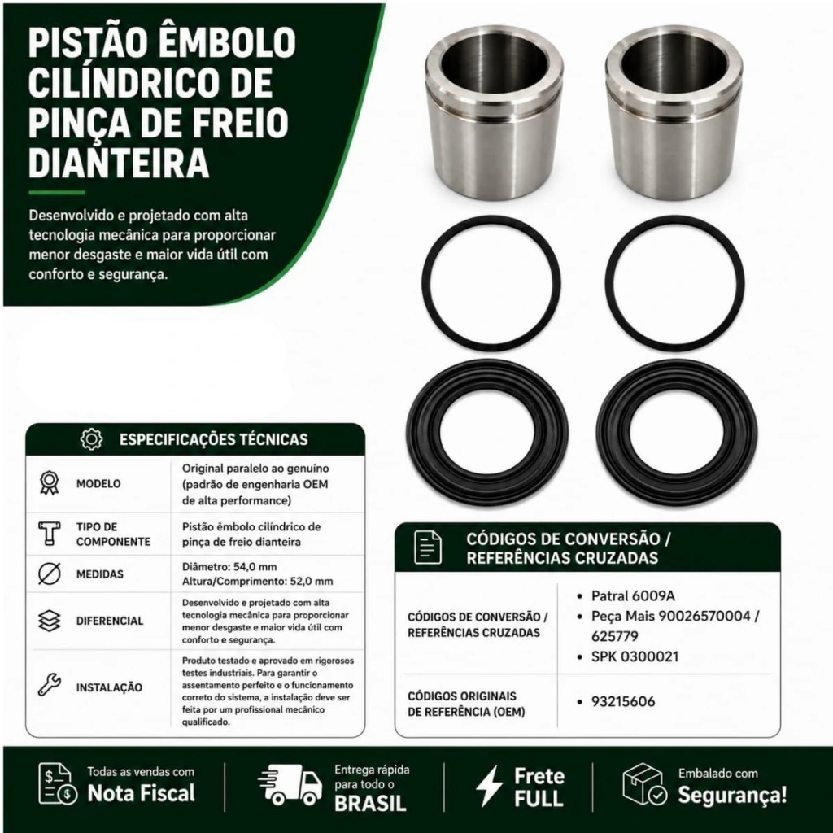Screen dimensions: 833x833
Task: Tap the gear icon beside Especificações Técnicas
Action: click(91, 439)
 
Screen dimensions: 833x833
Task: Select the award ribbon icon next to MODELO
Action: click(50, 483)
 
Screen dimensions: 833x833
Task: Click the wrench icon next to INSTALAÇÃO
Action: click(50, 685)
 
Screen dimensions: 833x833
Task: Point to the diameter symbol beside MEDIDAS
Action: click(50, 574)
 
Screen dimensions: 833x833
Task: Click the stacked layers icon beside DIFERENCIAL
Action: click(50, 621)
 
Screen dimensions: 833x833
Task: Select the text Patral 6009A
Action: click(633, 596)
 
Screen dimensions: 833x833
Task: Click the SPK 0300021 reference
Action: click(635, 656)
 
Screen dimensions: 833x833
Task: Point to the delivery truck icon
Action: click(290, 785)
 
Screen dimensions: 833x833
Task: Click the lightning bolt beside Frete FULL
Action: click(489, 786)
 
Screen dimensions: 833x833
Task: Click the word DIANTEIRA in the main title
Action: click(119, 163)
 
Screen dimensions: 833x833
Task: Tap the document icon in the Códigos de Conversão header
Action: click(428, 547)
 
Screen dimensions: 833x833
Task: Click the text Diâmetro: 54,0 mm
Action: click(229, 566)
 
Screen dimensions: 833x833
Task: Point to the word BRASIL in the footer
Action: click(370, 803)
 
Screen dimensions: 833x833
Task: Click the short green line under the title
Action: click(57, 192)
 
